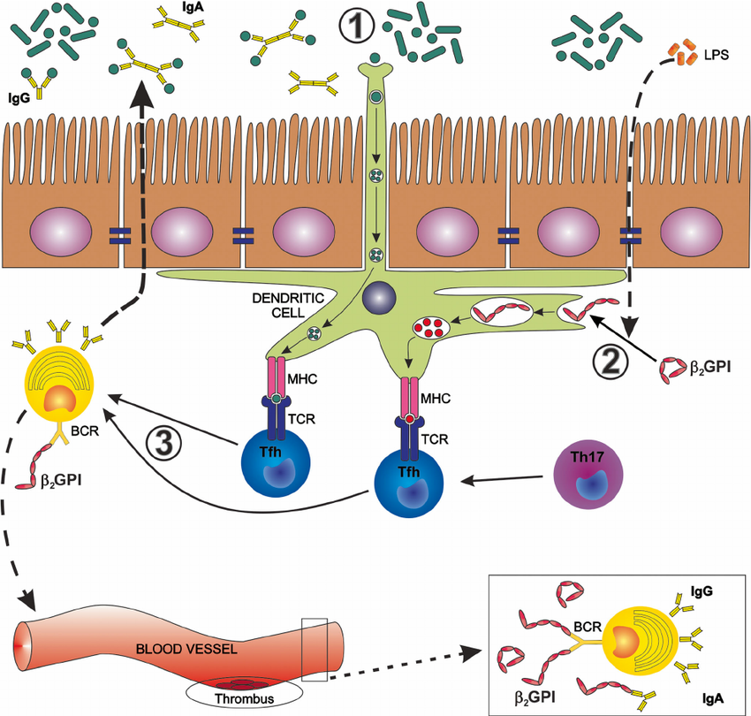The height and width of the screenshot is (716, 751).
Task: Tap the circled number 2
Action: tap(610, 360)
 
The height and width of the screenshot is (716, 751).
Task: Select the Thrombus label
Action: tap(243, 698)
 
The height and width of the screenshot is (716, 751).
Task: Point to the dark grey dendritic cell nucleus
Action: tap(378, 298)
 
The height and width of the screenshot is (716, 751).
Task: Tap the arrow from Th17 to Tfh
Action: tap(504, 480)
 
